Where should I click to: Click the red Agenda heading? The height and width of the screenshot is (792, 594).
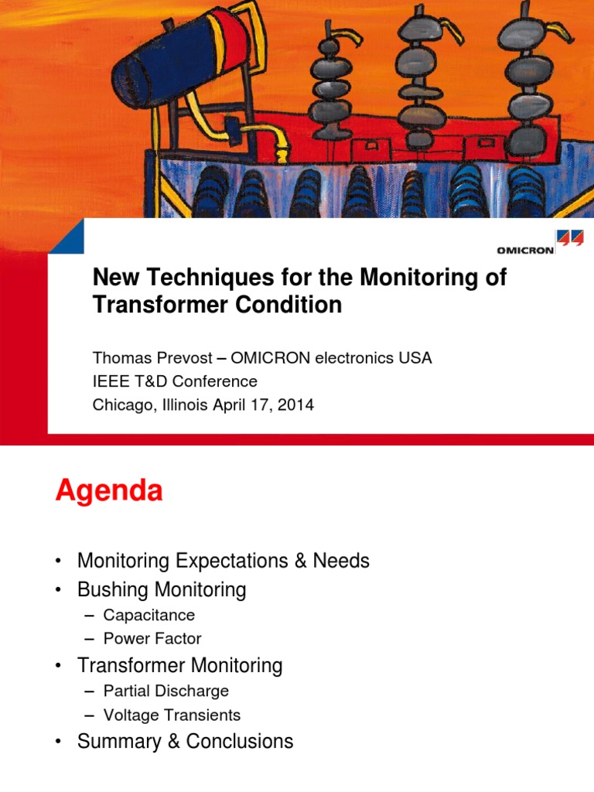(x=109, y=491)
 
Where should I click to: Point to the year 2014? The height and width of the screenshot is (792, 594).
(x=297, y=405)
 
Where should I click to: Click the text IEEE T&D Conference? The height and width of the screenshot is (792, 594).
(x=175, y=381)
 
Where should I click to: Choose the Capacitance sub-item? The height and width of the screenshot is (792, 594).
(x=148, y=615)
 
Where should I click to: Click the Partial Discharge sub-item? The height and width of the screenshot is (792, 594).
(x=166, y=691)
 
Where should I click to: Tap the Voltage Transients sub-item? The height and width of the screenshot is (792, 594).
(x=172, y=715)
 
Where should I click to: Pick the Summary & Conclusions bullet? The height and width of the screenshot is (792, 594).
(x=185, y=742)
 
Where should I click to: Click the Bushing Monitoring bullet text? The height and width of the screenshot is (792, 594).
(x=162, y=590)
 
